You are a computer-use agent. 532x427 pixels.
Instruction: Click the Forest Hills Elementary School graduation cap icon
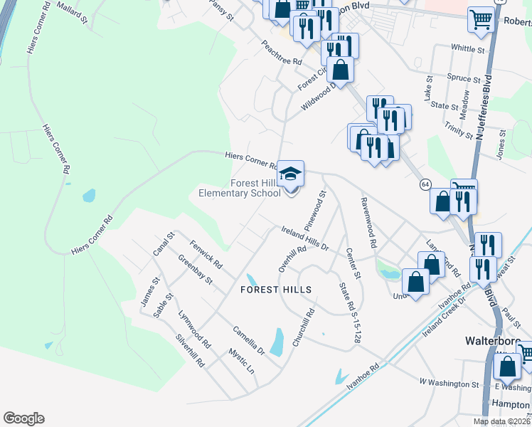pos(290,174)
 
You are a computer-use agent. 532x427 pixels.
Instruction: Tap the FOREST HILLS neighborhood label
pos(276,290)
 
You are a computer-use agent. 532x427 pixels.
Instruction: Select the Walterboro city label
pos(490,340)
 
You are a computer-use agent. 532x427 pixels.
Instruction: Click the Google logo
pos(23,418)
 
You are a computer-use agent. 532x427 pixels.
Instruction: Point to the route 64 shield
pos(425,184)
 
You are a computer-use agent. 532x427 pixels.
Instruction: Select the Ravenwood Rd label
pos(368,222)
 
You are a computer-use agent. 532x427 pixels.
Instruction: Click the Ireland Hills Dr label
pos(304,238)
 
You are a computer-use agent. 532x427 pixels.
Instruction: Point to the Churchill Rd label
pos(303,327)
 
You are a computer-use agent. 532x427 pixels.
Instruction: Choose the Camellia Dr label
pos(248,341)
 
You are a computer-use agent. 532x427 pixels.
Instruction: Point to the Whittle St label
pos(467,49)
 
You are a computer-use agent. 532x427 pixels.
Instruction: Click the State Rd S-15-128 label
pos(346,313)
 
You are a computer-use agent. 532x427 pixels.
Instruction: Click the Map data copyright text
pos(501,421)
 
